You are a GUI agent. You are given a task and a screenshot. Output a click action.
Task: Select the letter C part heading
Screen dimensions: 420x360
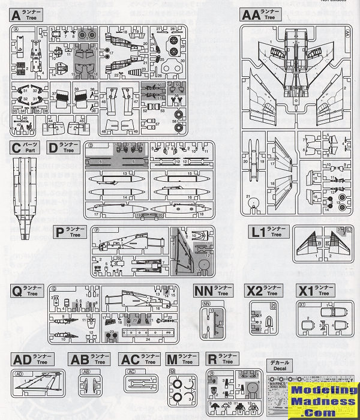tap(16, 148)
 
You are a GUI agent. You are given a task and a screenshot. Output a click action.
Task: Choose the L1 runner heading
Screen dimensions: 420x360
tap(259, 232)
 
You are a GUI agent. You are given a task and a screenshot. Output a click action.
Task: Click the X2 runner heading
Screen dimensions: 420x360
tap(254, 291)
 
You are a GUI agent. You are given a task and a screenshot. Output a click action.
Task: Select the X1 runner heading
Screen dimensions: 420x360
tap(306, 291)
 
